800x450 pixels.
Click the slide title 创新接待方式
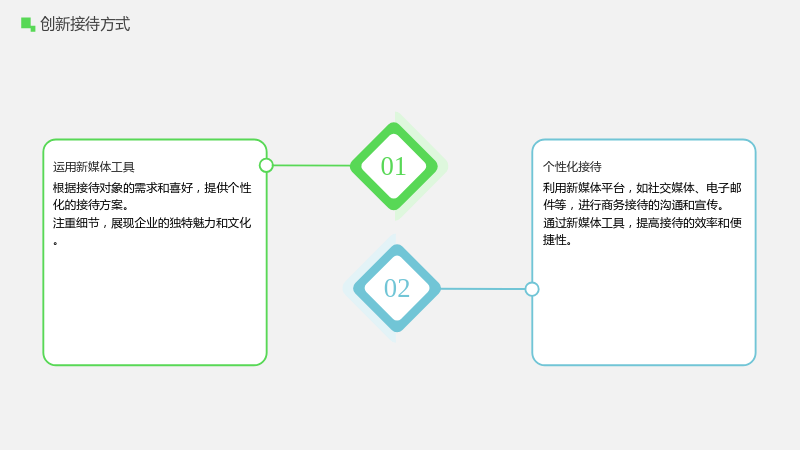pyautogui.click(x=85, y=24)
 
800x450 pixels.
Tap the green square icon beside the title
pyautogui.click(x=28, y=24)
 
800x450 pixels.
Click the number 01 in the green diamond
pyautogui.click(x=393, y=166)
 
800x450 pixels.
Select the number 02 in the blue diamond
pyautogui.click(x=397, y=288)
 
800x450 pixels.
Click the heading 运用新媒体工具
pyautogui.click(x=93, y=167)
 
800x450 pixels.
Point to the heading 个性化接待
pyautogui.click(x=572, y=167)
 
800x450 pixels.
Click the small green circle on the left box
pyautogui.click(x=266, y=165)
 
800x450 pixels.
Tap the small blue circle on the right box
pyautogui.click(x=532, y=289)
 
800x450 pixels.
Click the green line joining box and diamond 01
pyautogui.click(x=312, y=165)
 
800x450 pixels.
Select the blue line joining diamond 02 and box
pyautogui.click(x=483, y=289)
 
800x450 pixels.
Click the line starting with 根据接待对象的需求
pyautogui.click(x=152, y=188)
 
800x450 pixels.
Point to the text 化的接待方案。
pyautogui.click(x=91, y=205)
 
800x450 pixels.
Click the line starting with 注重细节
pyautogui.click(x=152, y=223)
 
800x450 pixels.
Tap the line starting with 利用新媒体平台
pyautogui.click(x=642, y=188)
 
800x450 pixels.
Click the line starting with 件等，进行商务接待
pyautogui.click(x=633, y=205)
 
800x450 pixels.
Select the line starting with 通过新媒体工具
pyautogui.click(x=642, y=223)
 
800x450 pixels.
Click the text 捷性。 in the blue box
pyautogui.click(x=557, y=240)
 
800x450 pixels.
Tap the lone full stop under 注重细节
pyautogui.click(x=55, y=243)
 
